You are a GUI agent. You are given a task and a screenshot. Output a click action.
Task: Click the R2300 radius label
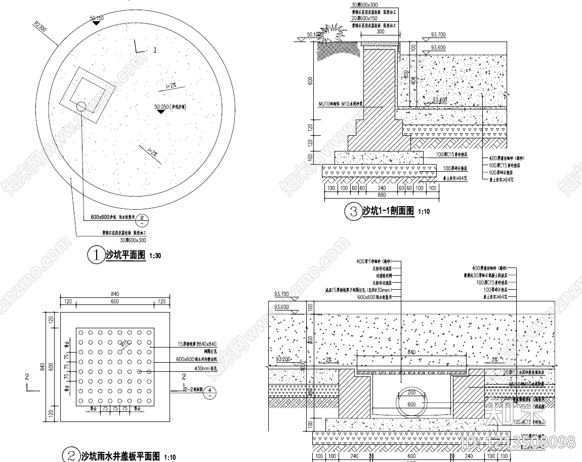tap(40, 26)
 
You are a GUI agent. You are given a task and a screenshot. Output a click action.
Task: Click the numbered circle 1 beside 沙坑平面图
tap(95, 255)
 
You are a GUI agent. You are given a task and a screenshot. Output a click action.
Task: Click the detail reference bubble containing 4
tap(211, 391)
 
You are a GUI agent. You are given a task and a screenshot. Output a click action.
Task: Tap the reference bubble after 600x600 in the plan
tap(143, 219)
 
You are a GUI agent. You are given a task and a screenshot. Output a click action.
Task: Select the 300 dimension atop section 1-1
tap(380, 31)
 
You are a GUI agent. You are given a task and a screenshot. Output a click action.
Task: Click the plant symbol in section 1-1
tap(332, 33)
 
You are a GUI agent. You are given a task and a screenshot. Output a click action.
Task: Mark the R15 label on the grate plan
tap(123, 343)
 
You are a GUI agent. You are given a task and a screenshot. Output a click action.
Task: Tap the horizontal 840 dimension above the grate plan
tap(115, 294)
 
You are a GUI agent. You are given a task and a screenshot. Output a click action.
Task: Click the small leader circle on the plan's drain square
tap(81, 106)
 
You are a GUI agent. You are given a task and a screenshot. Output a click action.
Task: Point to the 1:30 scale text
tap(155, 256)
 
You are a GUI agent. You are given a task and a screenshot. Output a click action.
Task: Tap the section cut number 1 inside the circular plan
tap(155, 50)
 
